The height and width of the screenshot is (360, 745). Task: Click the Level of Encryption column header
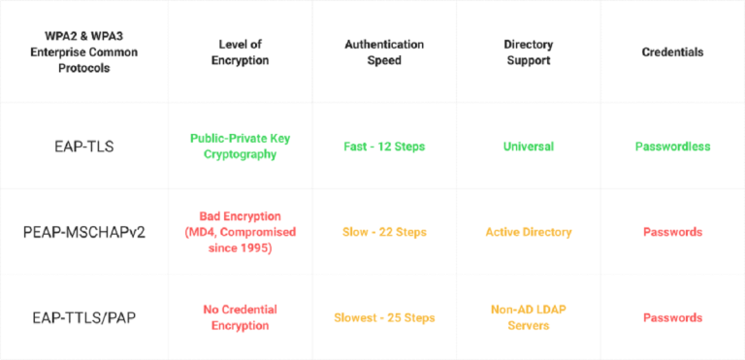(240, 51)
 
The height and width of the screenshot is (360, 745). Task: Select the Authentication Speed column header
(384, 51)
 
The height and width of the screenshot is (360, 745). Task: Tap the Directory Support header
(528, 51)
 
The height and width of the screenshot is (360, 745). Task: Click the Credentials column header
(672, 51)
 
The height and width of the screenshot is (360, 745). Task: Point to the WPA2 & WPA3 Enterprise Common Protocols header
(84, 51)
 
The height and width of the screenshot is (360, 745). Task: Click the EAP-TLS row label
(84, 147)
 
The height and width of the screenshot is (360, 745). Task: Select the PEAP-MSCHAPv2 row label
(84, 233)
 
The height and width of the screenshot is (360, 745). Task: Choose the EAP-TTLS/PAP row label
(84, 317)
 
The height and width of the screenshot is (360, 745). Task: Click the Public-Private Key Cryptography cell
(240, 147)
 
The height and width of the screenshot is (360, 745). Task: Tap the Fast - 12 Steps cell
(384, 147)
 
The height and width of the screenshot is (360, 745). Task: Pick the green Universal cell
(528, 147)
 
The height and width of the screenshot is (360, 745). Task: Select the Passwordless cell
(672, 147)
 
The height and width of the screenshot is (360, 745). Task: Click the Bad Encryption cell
(240, 232)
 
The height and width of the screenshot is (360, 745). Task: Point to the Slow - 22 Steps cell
(384, 232)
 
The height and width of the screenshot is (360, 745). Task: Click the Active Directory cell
(528, 232)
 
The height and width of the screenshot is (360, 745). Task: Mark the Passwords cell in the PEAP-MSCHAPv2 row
(672, 232)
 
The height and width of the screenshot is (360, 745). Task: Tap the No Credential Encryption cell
(240, 317)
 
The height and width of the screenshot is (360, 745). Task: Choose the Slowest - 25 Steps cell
(384, 317)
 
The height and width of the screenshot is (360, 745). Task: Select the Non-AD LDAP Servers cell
(528, 317)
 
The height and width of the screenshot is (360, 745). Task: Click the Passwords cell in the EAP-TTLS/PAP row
(672, 317)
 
